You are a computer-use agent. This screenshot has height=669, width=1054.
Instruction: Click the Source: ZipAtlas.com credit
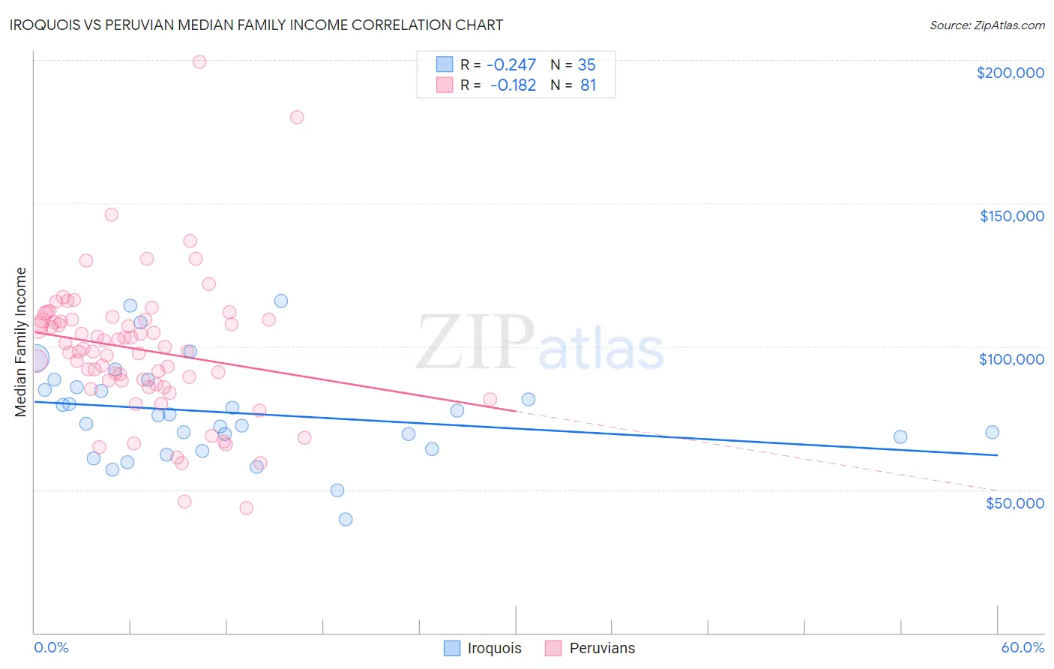tap(987, 25)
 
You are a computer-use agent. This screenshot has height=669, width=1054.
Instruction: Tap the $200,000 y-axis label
tap(1010, 73)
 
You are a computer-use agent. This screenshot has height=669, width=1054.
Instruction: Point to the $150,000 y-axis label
tap(1011, 216)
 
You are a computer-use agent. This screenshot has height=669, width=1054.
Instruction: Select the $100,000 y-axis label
tap(1011, 359)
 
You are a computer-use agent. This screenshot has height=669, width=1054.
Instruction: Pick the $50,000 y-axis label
tap(1014, 502)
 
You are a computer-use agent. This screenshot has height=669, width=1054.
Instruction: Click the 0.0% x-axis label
tap(51, 647)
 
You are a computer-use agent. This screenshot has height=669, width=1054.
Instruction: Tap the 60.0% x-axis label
tap(1023, 647)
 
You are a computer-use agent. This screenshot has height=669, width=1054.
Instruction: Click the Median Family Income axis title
tap(21, 342)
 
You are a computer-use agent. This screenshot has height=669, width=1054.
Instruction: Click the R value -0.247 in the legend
tap(511, 64)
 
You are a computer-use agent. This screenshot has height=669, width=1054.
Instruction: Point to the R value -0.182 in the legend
tap(513, 85)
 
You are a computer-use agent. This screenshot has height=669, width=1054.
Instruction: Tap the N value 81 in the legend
tap(588, 85)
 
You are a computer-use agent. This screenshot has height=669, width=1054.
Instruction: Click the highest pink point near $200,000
tap(199, 61)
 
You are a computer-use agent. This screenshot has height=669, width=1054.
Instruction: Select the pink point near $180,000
tap(297, 117)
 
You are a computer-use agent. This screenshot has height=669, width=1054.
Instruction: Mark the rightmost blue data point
tap(992, 432)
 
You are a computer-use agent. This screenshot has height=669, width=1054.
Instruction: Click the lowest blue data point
tap(346, 519)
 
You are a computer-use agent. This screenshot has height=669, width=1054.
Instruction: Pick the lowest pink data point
tap(246, 508)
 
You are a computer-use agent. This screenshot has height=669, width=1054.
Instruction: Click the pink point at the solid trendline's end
tap(490, 399)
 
